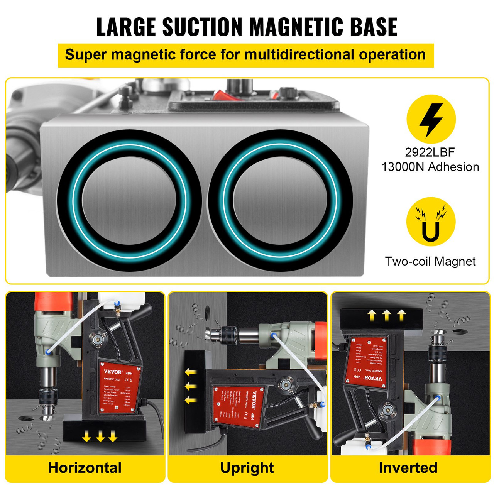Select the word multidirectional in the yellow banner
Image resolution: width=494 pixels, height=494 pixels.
click(299, 55)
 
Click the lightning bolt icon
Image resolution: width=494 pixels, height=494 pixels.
click(431, 119)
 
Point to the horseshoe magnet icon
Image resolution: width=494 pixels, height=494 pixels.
click(431, 223)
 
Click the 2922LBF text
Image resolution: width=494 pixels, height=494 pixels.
click(430, 152)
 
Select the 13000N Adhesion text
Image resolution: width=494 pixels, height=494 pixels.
click(430, 167)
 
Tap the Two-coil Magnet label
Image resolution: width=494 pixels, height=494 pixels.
click(430, 261)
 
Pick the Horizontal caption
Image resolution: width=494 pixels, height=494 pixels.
click(85, 468)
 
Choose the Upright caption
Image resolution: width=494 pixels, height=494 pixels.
click(247, 468)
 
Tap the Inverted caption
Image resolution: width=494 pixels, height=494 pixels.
click(408, 468)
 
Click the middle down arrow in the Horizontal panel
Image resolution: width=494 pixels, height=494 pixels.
click(100, 436)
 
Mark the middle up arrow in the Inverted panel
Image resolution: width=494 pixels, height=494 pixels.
click(387, 315)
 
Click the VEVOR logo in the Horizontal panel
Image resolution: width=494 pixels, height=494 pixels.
click(113, 372)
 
